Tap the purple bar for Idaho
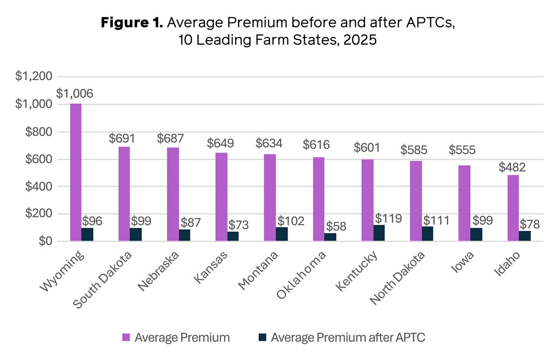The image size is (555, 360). (x=513, y=208)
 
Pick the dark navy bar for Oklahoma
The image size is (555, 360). (x=330, y=237)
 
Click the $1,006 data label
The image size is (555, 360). (x=75, y=94)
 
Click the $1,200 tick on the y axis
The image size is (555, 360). (x=34, y=77)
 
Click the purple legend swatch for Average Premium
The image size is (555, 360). (x=126, y=337)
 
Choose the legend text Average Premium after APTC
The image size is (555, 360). (x=348, y=337)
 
